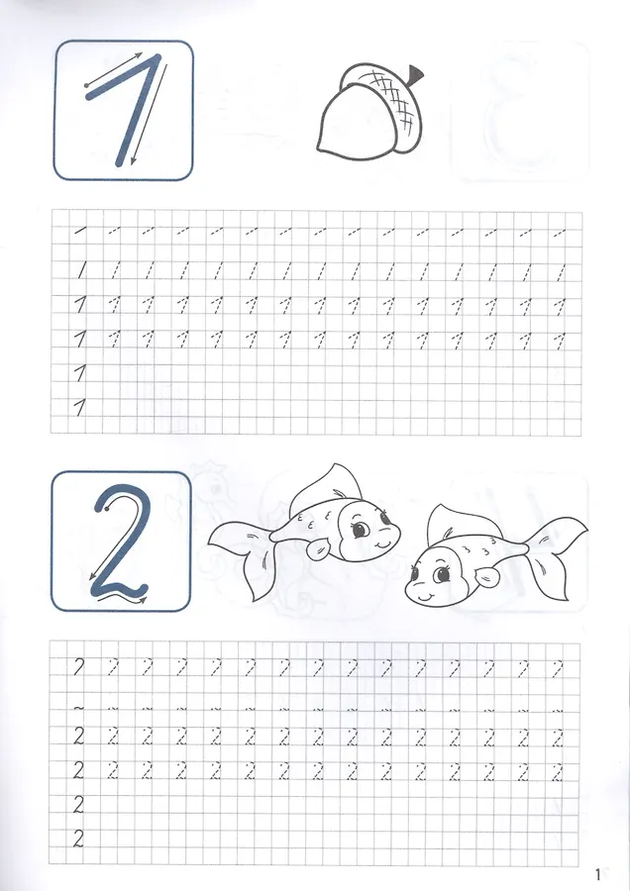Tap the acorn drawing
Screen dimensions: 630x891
click(x=370, y=113)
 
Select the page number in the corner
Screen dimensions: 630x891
click(x=597, y=874)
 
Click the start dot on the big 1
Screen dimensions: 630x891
click(x=86, y=86)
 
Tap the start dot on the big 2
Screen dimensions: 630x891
click(x=107, y=510)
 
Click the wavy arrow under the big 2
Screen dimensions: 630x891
click(x=120, y=598)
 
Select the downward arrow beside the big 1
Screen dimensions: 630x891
click(x=150, y=114)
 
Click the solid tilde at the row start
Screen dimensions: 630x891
click(x=78, y=708)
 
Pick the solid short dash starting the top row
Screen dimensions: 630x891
click(x=79, y=231)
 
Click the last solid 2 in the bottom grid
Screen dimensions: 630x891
click(x=78, y=839)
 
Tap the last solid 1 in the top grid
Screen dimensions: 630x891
click(x=80, y=408)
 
